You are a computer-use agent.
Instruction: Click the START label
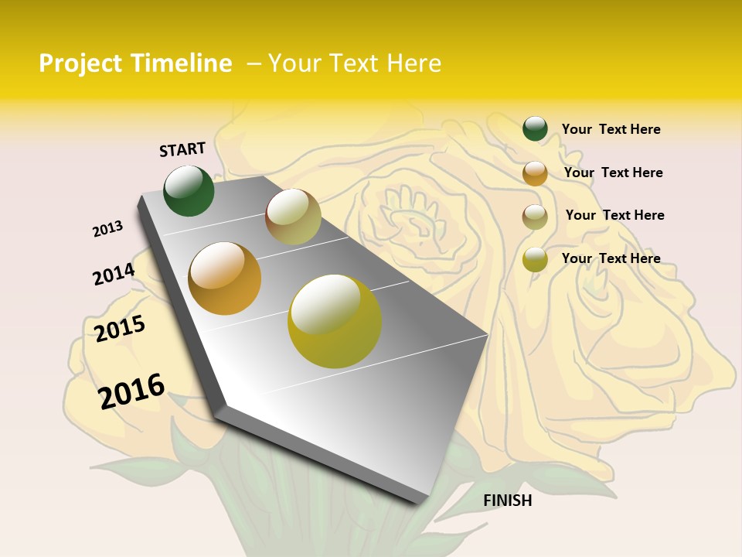point(182,149)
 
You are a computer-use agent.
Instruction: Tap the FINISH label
point(508,501)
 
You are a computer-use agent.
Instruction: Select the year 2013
point(107,228)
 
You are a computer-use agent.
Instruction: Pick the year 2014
point(114,274)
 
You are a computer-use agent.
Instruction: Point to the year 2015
point(120,328)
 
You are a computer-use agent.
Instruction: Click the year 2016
point(131,391)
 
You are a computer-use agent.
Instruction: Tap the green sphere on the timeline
point(189,191)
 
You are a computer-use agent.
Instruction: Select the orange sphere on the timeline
point(225,278)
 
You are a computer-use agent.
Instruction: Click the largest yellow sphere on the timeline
point(335,321)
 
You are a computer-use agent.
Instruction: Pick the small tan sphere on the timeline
point(293,217)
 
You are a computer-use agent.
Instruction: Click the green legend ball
point(535,128)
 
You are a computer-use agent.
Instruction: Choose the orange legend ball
point(535,173)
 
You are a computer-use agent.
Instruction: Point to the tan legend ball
point(535,217)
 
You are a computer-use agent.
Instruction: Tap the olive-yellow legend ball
point(535,259)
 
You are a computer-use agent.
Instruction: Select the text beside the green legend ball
point(611,129)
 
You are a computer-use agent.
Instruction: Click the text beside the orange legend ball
point(613,173)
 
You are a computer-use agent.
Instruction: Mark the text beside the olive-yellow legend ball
point(611,258)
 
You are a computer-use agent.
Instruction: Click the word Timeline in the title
point(181,63)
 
